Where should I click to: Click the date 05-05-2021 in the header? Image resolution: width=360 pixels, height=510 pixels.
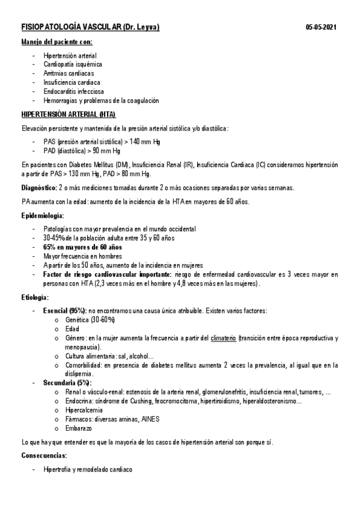pyautogui.click(x=321, y=28)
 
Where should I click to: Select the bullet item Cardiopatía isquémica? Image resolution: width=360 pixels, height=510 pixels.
pyautogui.click(x=73, y=64)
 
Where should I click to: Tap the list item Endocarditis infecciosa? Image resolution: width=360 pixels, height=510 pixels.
pyautogui.click(x=74, y=91)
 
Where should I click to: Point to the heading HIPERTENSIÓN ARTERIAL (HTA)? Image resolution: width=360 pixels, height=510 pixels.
pyautogui.click(x=69, y=114)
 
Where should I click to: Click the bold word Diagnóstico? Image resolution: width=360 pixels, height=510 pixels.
pyautogui.click(x=40, y=188)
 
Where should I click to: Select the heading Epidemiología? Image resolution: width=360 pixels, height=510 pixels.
pyautogui.click(x=42, y=215)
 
